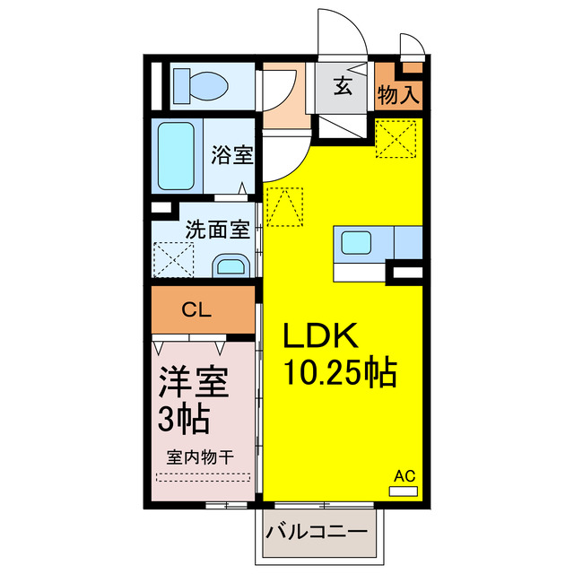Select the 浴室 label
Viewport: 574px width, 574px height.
pyautogui.click(x=231, y=154)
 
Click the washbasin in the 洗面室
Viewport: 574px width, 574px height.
pyautogui.click(x=232, y=265)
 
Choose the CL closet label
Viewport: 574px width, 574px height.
pyautogui.click(x=196, y=310)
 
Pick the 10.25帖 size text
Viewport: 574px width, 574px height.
pyautogui.click(x=340, y=372)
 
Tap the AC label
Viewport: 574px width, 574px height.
pyautogui.click(x=404, y=476)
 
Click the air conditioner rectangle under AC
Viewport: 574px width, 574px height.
pyautogui.click(x=404, y=491)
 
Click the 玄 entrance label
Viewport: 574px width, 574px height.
pyautogui.click(x=344, y=87)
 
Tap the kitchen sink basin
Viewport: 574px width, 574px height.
pyautogui.click(x=355, y=243)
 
